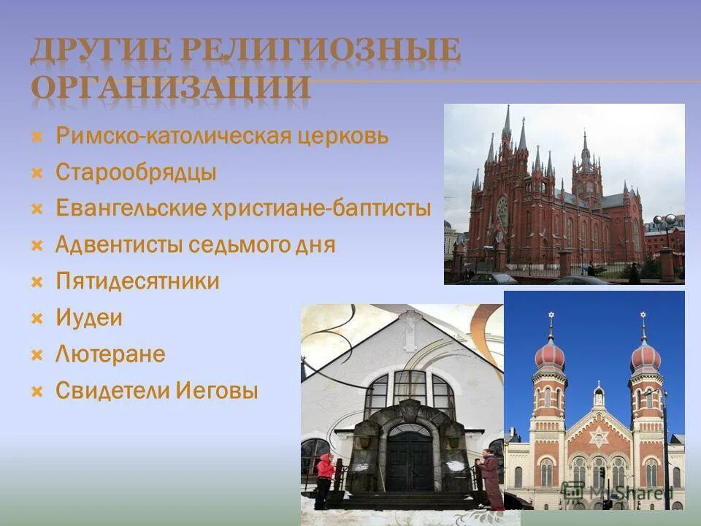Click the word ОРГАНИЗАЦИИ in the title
coord(172,87)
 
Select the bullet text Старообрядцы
coord(136,172)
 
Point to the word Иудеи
coord(89,318)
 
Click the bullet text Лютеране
coord(110,354)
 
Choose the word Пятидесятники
coord(137,281)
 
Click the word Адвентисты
coord(120,245)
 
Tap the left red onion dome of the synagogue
coord(550,356)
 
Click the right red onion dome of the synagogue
coord(645,356)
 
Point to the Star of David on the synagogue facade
coord(598,438)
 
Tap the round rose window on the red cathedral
coord(502,208)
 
